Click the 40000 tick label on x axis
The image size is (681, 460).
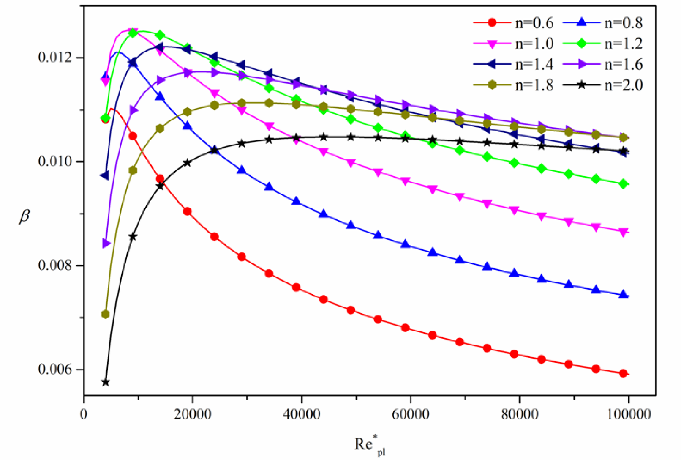pos(301,414)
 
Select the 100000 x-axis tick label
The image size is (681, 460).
pos(629,414)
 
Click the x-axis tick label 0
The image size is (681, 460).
pos(84,414)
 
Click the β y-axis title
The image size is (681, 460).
pos(25,216)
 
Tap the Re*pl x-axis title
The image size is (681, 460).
pos(370,445)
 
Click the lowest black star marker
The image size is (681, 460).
pos(106,382)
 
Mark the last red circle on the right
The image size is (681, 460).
pos(623,373)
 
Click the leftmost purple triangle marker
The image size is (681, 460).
pos(106,244)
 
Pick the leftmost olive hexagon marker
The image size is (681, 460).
pos(106,314)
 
